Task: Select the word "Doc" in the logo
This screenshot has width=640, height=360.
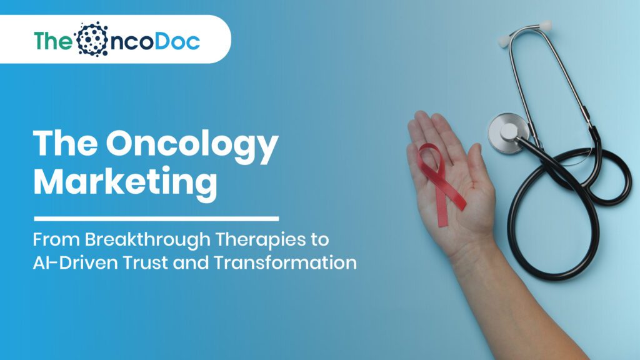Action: tap(177, 40)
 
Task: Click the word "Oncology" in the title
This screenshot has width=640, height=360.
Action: tap(192, 145)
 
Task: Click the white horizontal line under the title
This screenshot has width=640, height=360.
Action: tap(156, 219)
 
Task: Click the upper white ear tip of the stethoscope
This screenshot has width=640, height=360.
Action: tap(546, 26)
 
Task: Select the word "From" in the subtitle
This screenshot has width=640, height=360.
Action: tap(51, 240)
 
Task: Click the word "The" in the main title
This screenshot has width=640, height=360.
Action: tap(64, 145)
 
